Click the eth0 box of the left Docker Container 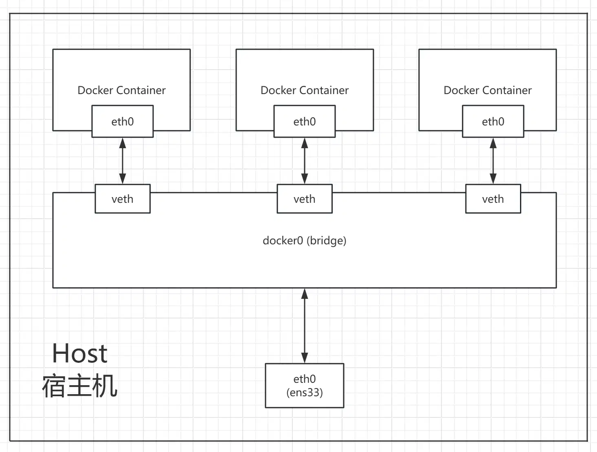tap(123, 121)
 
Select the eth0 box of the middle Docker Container tap(305, 121)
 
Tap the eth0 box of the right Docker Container tap(493, 121)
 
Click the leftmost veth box tap(123, 199)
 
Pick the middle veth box tap(305, 199)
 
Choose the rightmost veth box tap(493, 199)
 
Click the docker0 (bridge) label tap(305, 241)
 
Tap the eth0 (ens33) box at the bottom tap(305, 385)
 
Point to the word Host tap(80, 353)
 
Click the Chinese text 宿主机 tap(80, 386)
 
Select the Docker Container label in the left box tap(121, 90)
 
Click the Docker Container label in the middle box tap(305, 90)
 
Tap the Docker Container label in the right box tap(487, 90)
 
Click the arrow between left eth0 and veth tap(123, 161)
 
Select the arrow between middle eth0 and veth tap(305, 161)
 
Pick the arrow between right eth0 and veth tap(493, 161)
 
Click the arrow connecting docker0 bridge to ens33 tap(305, 326)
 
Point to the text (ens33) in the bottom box tap(305, 393)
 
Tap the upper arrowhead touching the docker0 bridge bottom tap(305, 294)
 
